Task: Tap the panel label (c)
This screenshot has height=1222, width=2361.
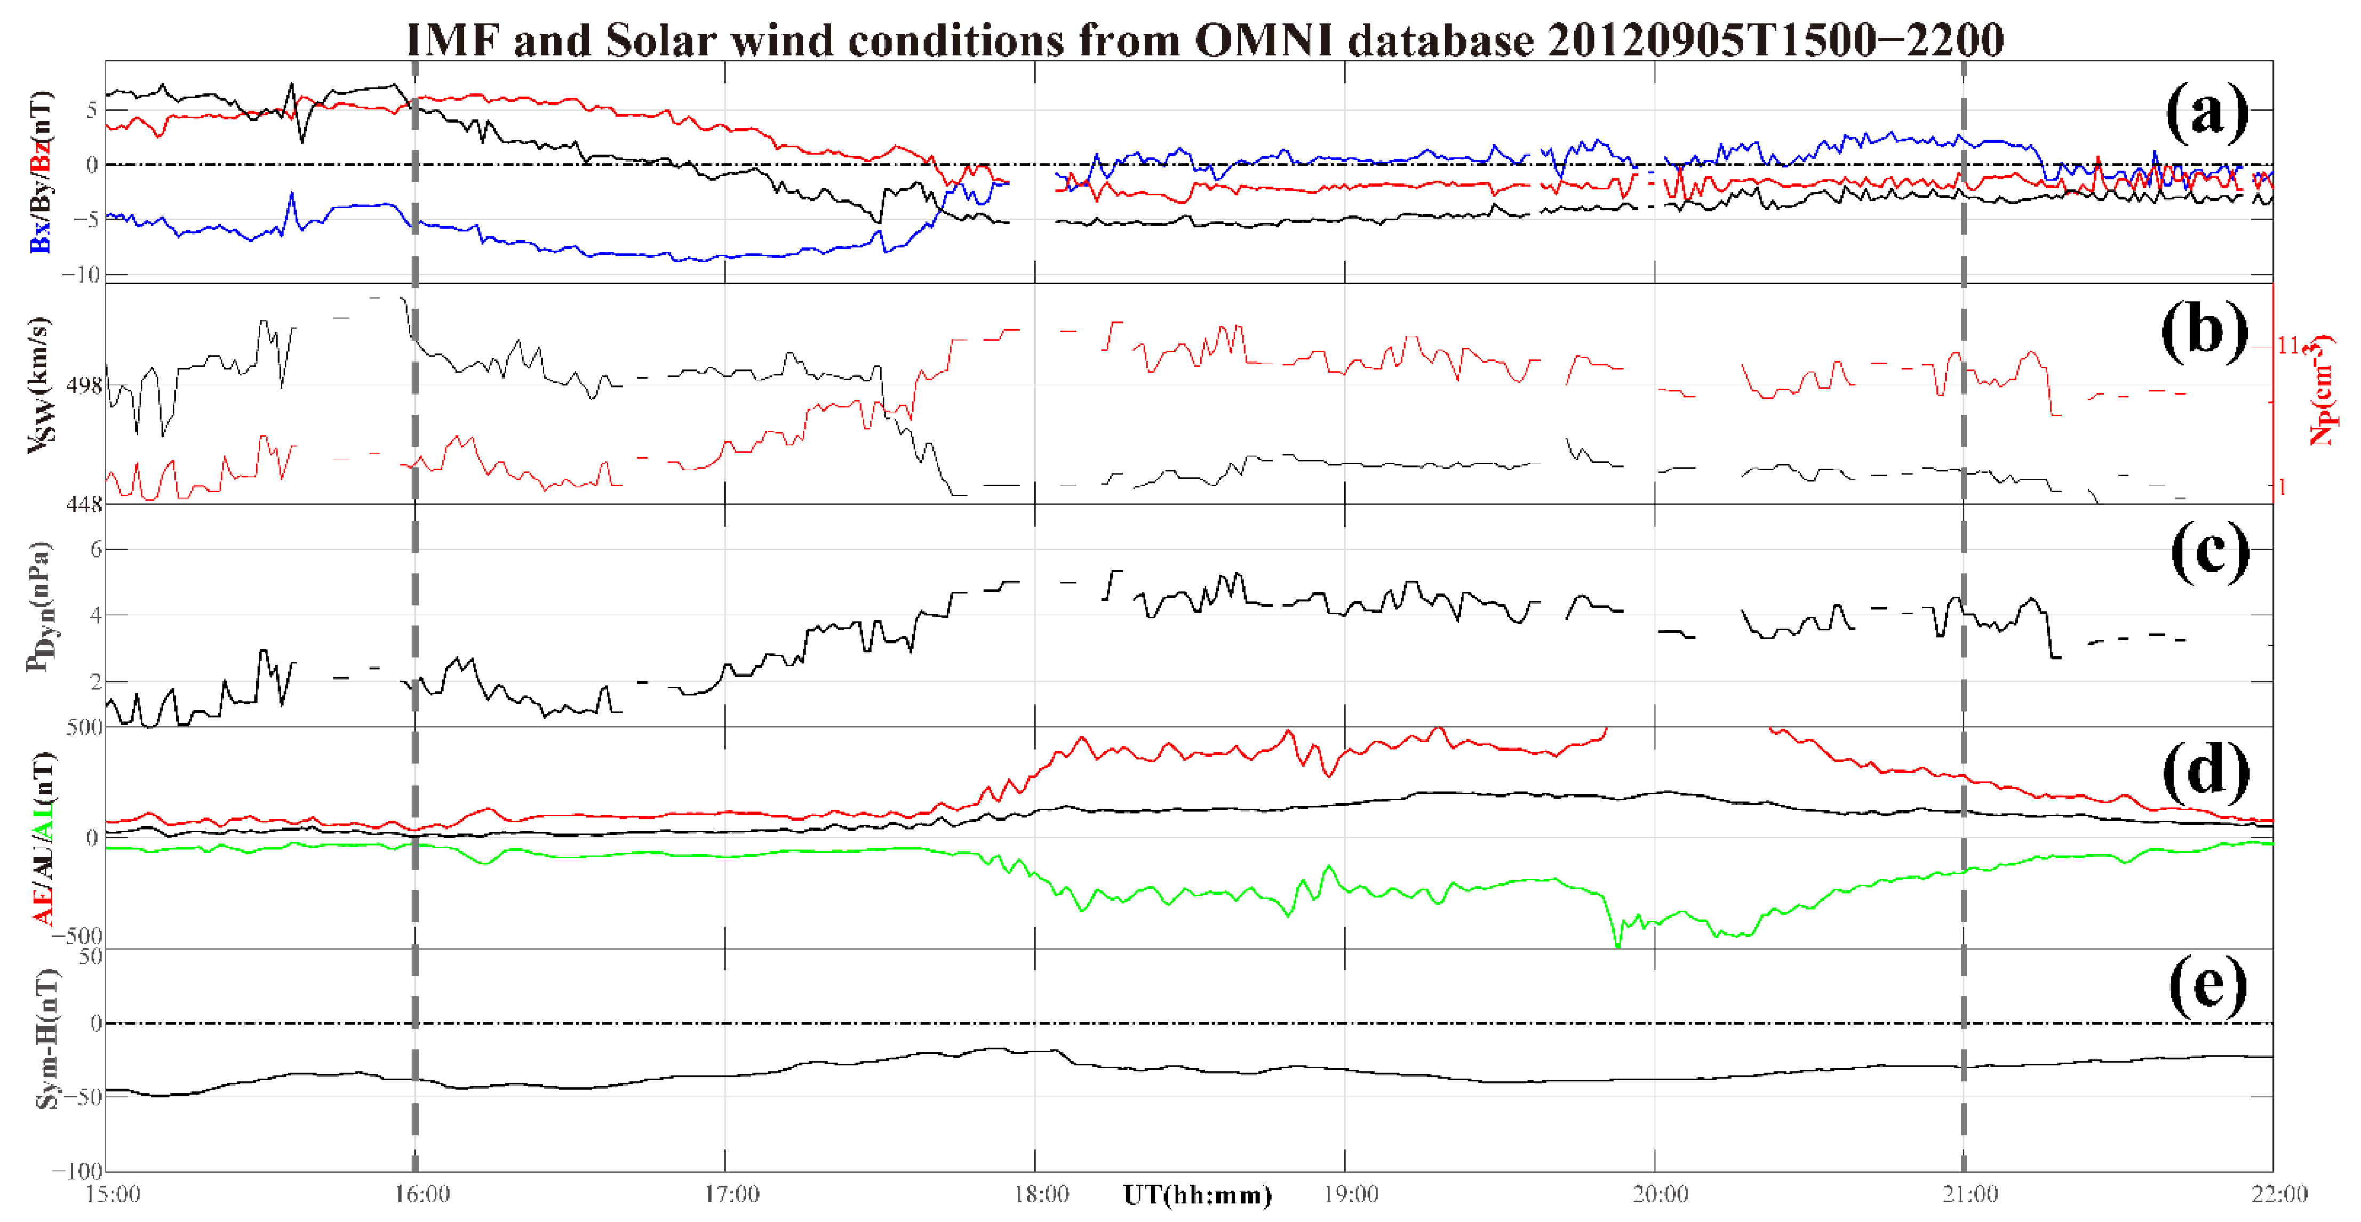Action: tap(2209, 551)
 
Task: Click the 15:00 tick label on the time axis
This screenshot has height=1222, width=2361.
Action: tap(113, 1194)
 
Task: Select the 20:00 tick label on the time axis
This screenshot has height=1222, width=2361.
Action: tap(1661, 1194)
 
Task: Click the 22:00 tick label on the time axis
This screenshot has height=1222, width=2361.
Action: tap(2279, 1194)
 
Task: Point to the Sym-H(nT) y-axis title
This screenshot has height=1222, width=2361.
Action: tap(46, 1040)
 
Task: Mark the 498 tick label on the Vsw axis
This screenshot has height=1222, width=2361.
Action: tap(84, 385)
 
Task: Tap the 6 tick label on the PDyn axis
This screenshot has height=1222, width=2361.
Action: tap(95, 550)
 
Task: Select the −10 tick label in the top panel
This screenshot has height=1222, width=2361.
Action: tap(81, 275)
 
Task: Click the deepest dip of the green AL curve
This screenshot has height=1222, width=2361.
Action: tap(1618, 945)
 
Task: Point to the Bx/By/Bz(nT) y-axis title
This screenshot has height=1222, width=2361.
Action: tap(41, 172)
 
